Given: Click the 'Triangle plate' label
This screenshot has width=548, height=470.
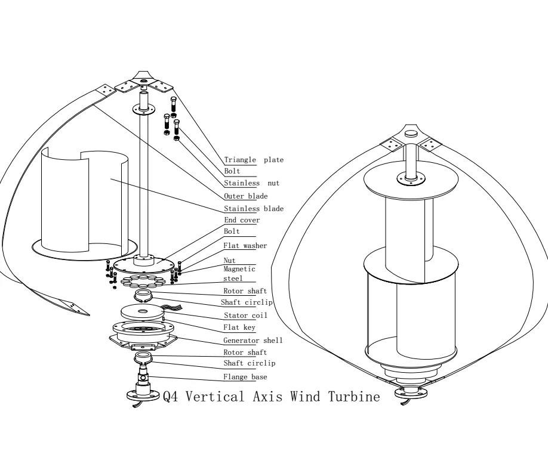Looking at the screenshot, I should [x=254, y=160].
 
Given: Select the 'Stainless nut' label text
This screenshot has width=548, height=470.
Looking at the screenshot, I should [x=251, y=184].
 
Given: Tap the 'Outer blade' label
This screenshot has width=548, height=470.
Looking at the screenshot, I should [x=245, y=196].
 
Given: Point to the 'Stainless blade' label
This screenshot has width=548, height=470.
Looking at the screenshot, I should [x=254, y=209].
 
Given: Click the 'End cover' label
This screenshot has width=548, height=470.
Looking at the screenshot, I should [x=242, y=220].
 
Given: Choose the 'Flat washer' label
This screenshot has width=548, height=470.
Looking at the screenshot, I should [x=245, y=245].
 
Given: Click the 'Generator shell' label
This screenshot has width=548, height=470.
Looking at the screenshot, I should [x=253, y=341].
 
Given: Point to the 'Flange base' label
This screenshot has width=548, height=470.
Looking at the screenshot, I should [x=245, y=376].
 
